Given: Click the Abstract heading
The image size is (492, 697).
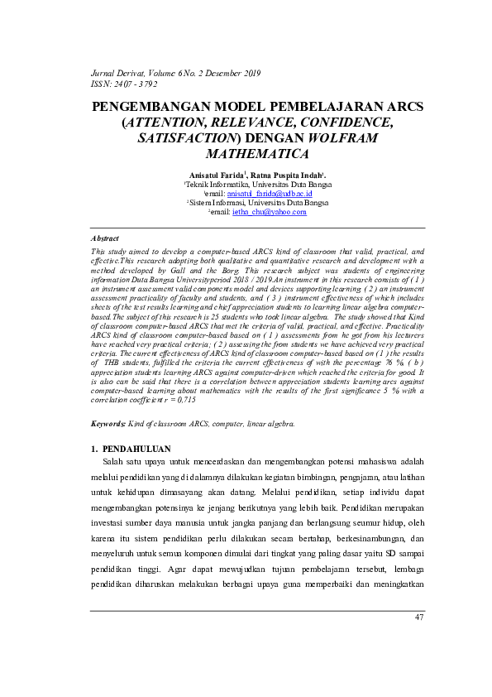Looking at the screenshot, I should [104, 238].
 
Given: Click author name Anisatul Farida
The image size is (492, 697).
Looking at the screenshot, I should [215, 175].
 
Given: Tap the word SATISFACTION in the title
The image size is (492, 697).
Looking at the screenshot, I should [187, 138].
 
